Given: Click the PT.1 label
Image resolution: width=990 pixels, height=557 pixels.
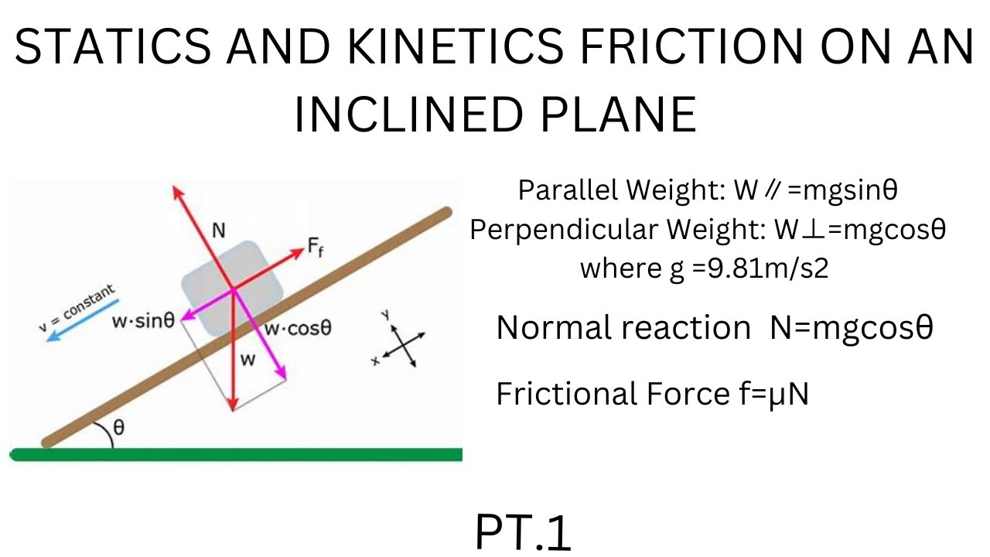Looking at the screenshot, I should (x=523, y=532).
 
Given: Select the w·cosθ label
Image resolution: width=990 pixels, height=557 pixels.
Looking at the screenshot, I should (x=299, y=328).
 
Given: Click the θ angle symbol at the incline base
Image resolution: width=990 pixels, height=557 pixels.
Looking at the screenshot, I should (x=118, y=428).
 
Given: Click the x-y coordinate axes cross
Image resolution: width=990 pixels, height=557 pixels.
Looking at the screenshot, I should (x=402, y=343).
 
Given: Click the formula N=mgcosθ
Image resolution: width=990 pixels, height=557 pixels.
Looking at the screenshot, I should (x=852, y=328).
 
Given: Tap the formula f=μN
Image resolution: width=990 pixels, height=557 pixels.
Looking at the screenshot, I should (x=773, y=394).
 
